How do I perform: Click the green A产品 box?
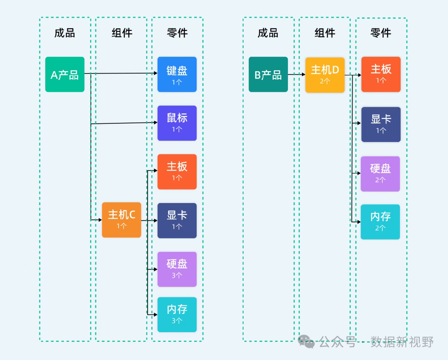pyautogui.click(x=65, y=74)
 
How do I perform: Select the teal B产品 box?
pyautogui.click(x=268, y=74)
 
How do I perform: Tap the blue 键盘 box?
pyautogui.click(x=177, y=74)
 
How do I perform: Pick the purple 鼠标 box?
pyautogui.click(x=177, y=123)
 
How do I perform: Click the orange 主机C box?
pyautogui.click(x=122, y=220)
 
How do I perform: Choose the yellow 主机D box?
pyautogui.click(x=325, y=75)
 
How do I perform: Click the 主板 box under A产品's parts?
pyautogui.click(x=177, y=171)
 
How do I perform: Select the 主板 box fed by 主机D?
pyautogui.click(x=381, y=74)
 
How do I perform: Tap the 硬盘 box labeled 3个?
pyautogui.click(x=177, y=269)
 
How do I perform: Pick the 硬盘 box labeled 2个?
pyautogui.click(x=380, y=174)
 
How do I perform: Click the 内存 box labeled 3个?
pyautogui.click(x=177, y=315)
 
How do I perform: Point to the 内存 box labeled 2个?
pyautogui.click(x=380, y=222)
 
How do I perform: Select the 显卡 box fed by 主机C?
pyautogui.click(x=177, y=220)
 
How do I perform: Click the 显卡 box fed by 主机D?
pyautogui.click(x=381, y=125)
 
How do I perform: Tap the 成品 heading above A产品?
pyautogui.click(x=65, y=33)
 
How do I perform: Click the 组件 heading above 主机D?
pyautogui.click(x=325, y=33)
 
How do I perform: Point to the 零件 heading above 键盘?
pyautogui.click(x=178, y=33)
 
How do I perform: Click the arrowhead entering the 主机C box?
pyautogui.click(x=100, y=220)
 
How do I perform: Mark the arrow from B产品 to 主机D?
pyautogui.click(x=297, y=74)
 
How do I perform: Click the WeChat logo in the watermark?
pyautogui.click(x=306, y=341)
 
